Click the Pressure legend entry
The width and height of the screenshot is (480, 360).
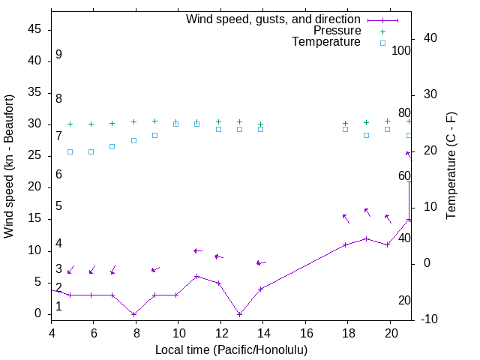(337, 31)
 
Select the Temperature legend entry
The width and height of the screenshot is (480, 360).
(326, 42)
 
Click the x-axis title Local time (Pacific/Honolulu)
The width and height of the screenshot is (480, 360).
(231, 349)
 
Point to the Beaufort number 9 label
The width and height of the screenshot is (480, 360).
(58, 55)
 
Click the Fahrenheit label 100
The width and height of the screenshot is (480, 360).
(401, 50)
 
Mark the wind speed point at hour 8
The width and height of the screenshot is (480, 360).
(133, 314)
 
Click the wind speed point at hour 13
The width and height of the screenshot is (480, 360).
(239, 314)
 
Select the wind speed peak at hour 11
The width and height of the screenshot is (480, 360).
(196, 276)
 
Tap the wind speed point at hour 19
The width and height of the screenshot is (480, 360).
(366, 238)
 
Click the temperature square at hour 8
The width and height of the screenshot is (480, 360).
(133, 140)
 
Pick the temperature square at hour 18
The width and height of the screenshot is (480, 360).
(345, 129)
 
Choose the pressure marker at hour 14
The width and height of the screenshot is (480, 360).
(260, 124)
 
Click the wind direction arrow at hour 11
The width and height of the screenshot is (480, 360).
(198, 250)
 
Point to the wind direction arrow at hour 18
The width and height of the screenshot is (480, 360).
(346, 218)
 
